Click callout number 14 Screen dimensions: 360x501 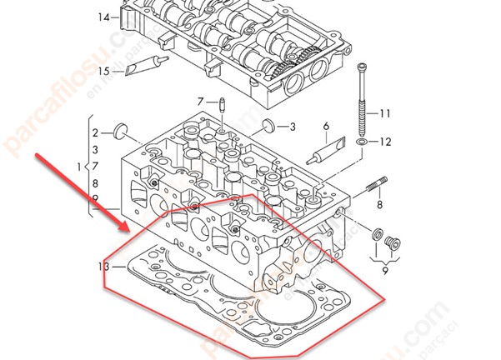103,17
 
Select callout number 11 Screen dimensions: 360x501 385,113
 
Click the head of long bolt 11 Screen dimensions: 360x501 361,67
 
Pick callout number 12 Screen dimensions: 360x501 385,142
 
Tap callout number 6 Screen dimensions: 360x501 326,127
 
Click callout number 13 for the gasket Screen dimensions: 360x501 103,267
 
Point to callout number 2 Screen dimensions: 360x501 96,132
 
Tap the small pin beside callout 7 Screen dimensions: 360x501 223,107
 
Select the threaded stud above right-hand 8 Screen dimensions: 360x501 374,184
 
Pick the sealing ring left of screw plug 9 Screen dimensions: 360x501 376,234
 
